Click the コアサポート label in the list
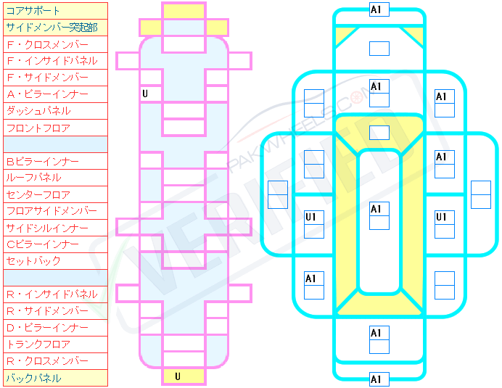[x=54, y=11]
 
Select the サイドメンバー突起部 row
[x=54, y=28]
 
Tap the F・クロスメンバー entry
[x=54, y=44]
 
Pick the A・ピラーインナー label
[x=54, y=94]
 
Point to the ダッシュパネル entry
[x=54, y=111]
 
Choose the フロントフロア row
[x=54, y=128]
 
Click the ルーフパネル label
[x=54, y=178]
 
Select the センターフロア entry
[x=54, y=194]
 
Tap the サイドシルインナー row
[x=54, y=228]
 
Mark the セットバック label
[x=54, y=261]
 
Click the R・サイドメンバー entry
[x=54, y=311]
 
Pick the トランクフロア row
[x=54, y=344]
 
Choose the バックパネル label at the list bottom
[x=54, y=378]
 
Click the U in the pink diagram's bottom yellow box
[x=178, y=376]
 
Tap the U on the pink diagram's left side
[x=145, y=94]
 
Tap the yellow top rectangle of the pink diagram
[x=184, y=11]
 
